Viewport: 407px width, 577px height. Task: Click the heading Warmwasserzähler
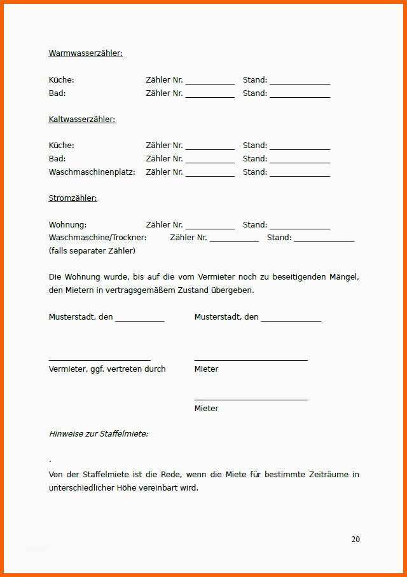[x=85, y=53]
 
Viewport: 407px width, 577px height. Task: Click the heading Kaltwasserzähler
[x=82, y=119]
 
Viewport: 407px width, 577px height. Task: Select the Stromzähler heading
[x=72, y=198]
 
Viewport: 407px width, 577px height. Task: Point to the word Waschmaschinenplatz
[x=92, y=172]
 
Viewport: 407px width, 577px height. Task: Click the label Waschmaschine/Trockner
[x=97, y=238]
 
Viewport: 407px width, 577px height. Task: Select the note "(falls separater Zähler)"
[x=92, y=251]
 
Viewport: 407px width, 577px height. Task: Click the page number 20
[x=355, y=539]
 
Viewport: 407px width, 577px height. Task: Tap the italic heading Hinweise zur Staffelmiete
[x=99, y=434]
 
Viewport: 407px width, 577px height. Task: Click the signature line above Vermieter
[x=99, y=360]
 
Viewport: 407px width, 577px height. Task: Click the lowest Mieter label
[x=206, y=409]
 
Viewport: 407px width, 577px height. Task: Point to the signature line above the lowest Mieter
[x=251, y=400]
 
